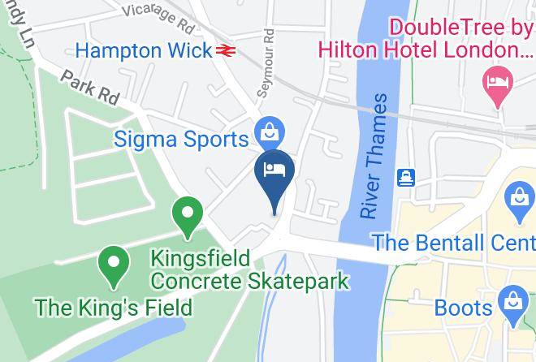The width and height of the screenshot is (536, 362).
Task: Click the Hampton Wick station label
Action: [144, 50]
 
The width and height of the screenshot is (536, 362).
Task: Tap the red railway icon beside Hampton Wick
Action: [225, 50]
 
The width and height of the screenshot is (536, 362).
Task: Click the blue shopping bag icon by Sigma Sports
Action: [266, 130]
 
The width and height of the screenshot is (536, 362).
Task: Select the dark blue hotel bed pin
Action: [274, 172]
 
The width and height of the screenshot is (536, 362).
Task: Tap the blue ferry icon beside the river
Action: [405, 177]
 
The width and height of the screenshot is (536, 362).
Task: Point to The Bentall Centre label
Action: [454, 242]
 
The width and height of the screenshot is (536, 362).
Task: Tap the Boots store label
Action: [464, 308]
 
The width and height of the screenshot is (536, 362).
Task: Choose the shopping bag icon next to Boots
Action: [512, 300]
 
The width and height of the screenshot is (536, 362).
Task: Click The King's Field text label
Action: [113, 308]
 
